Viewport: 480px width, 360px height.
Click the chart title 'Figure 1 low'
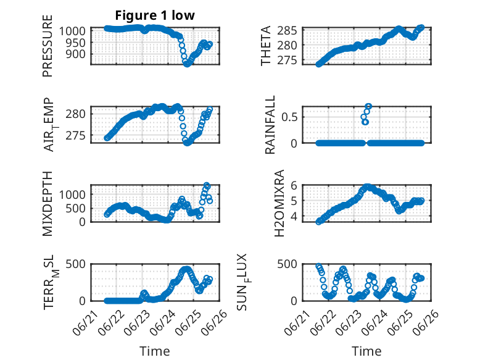coord(155,15)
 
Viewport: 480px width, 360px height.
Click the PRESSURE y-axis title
coord(48,46)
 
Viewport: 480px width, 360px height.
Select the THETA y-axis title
coord(266,46)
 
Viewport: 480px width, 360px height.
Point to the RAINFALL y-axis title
coord(270,125)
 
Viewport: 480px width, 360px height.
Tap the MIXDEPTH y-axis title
coord(48,204)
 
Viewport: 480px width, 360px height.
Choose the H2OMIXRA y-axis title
coord(279,203)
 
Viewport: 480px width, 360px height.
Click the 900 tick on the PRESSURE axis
coord(76,54)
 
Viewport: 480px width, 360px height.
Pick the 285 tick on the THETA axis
coord(287,31)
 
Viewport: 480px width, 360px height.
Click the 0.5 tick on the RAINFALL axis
coord(289,117)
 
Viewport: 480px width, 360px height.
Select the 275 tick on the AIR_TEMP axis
coord(76,136)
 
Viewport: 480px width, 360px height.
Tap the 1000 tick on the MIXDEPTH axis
coord(72,195)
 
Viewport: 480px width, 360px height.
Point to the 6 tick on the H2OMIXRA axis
coord(294,185)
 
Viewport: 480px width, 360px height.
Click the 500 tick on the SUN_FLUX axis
coord(287,264)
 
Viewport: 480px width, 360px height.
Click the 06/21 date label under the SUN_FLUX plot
coord(296,324)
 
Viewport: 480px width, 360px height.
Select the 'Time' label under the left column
coord(155,351)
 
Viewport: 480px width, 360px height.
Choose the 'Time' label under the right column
coord(366,351)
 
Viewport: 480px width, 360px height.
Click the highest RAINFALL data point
coord(368,107)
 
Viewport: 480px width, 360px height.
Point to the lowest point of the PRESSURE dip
coord(187,64)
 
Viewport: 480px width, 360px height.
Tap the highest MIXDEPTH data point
coord(207,185)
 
